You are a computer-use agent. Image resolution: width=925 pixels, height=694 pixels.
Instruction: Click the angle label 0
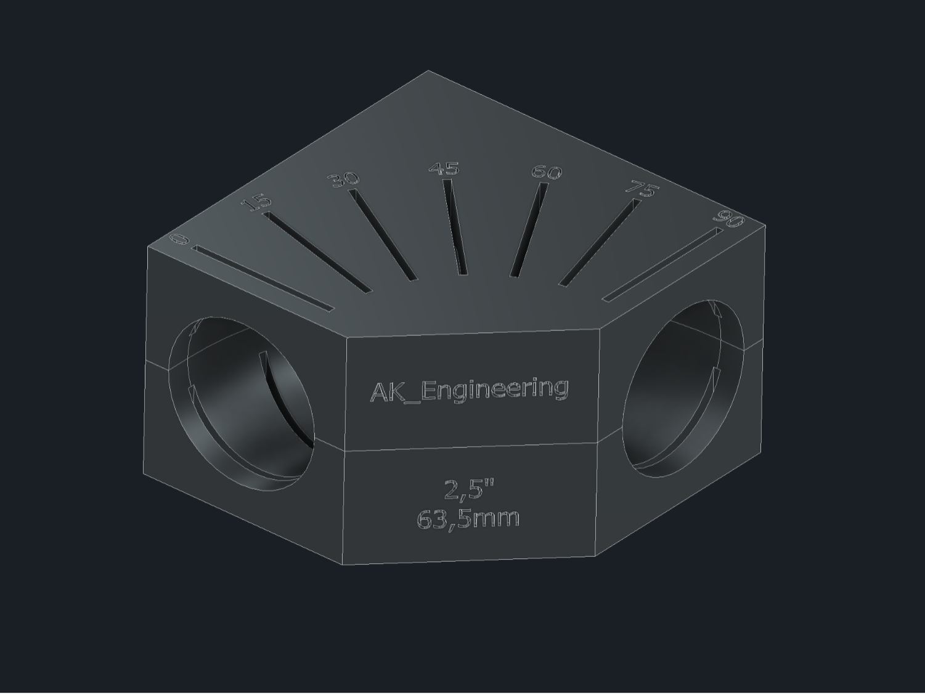[179, 239]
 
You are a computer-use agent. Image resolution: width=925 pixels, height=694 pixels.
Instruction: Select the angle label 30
[344, 179]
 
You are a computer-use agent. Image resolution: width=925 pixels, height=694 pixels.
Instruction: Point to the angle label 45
[444, 168]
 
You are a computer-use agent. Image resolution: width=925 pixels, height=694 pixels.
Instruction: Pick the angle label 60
[547, 172]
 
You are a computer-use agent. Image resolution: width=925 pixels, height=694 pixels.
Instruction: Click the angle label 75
[643, 188]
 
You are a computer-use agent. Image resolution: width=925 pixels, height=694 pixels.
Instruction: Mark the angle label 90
[728, 219]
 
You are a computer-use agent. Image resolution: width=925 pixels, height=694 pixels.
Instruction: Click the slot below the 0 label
[263, 279]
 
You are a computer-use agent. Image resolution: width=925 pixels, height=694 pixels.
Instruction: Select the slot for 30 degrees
[383, 234]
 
